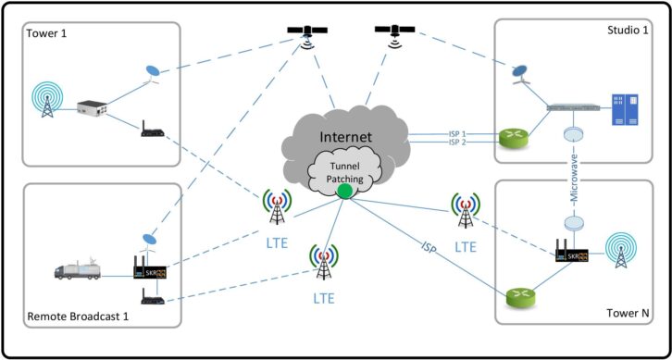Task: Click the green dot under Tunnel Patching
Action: (345, 192)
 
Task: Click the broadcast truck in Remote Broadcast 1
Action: (81, 269)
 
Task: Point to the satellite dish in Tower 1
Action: (152, 74)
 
